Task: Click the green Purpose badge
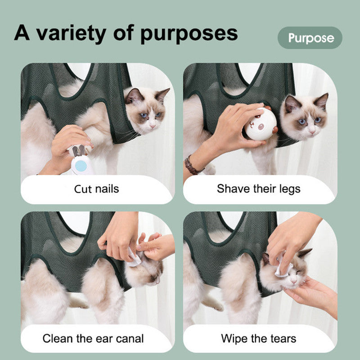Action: [310, 38]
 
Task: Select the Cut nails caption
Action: [96, 188]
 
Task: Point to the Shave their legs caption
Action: [258, 188]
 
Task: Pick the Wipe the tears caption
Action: [258, 338]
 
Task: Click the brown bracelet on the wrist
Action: [193, 165]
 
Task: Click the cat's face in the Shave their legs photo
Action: [306, 117]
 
